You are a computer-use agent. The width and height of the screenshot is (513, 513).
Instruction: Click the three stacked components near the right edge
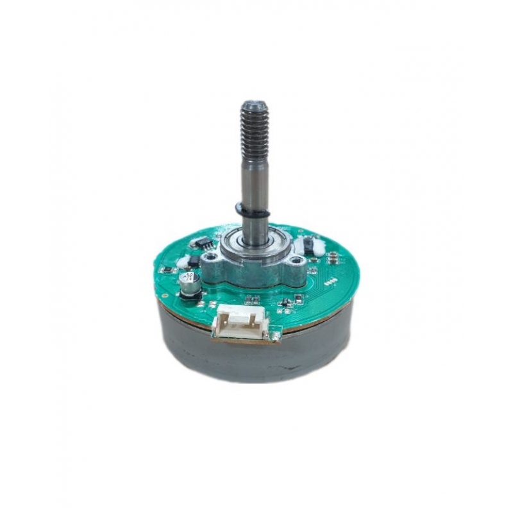(x=334, y=258)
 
